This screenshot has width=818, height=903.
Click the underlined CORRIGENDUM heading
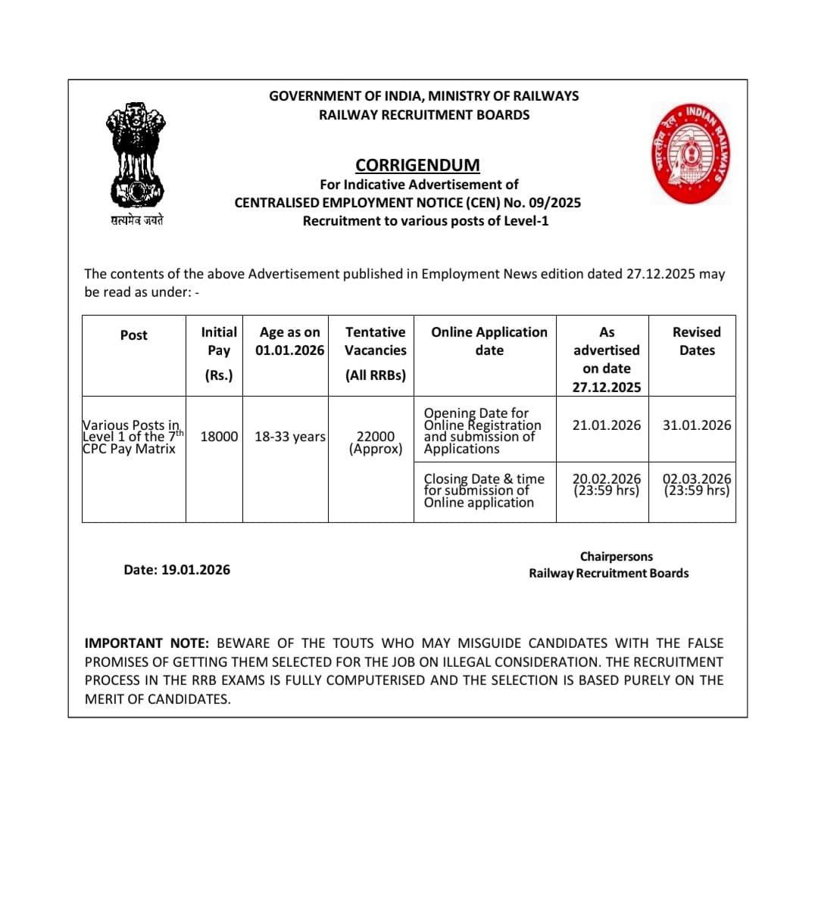[x=417, y=165]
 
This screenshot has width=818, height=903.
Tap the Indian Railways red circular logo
[x=691, y=154]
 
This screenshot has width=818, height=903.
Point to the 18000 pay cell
[x=219, y=437]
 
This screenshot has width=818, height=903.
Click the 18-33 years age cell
[x=289, y=437]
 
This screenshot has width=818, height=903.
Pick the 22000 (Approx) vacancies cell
[x=376, y=442]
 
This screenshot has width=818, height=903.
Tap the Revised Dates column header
[x=697, y=341]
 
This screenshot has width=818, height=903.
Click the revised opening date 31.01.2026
[x=697, y=425]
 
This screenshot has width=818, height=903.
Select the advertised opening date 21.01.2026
[x=607, y=425]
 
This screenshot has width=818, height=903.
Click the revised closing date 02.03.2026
[x=697, y=484]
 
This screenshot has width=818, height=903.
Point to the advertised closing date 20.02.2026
[x=607, y=484]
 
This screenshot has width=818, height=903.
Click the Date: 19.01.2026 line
[x=177, y=570]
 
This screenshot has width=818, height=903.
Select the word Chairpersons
[x=617, y=556]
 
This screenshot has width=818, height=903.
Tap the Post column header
[x=134, y=335]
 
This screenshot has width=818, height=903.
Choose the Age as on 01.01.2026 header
[x=289, y=341]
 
